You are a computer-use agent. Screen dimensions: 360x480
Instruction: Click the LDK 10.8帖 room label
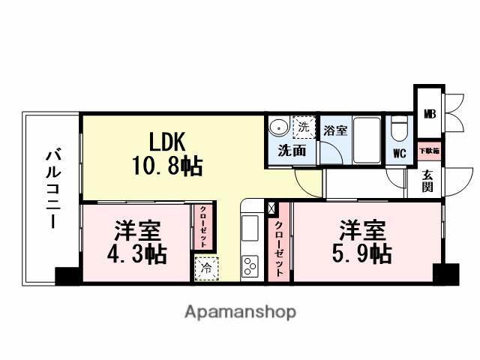175,153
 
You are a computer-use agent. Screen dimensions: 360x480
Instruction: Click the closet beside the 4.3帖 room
202,226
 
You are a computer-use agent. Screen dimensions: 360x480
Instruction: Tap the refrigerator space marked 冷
204,267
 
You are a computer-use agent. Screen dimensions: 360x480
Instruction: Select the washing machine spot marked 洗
304,127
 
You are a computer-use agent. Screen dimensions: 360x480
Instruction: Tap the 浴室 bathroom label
335,130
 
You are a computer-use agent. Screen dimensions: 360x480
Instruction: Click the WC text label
400,154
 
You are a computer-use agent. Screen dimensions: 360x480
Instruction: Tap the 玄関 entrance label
427,180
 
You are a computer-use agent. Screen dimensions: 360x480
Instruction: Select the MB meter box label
429,115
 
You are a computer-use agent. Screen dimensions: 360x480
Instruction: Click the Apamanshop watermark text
240,311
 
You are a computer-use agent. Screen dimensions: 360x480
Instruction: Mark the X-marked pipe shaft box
271,208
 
